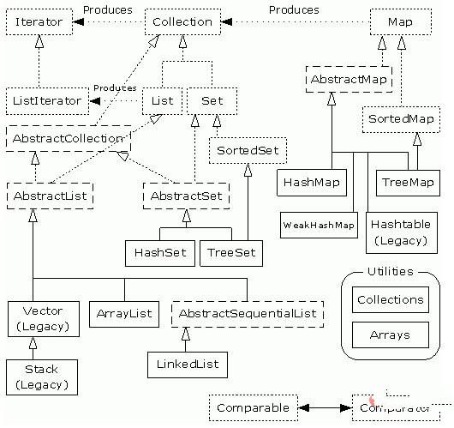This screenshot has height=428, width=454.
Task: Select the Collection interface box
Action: [182, 21]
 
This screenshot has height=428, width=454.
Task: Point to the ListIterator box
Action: [47, 100]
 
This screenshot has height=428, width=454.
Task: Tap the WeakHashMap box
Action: [318, 226]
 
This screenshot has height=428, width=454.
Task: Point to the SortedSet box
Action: [248, 151]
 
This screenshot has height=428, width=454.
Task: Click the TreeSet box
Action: [230, 253]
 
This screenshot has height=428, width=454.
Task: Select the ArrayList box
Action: [124, 314]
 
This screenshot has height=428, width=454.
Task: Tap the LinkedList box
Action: [188, 365]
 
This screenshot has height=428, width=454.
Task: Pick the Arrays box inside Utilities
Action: [390, 335]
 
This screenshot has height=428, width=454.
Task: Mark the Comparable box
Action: [254, 407]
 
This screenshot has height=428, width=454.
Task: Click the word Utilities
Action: [390, 272]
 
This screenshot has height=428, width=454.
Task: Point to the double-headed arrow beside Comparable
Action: [325, 407]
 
